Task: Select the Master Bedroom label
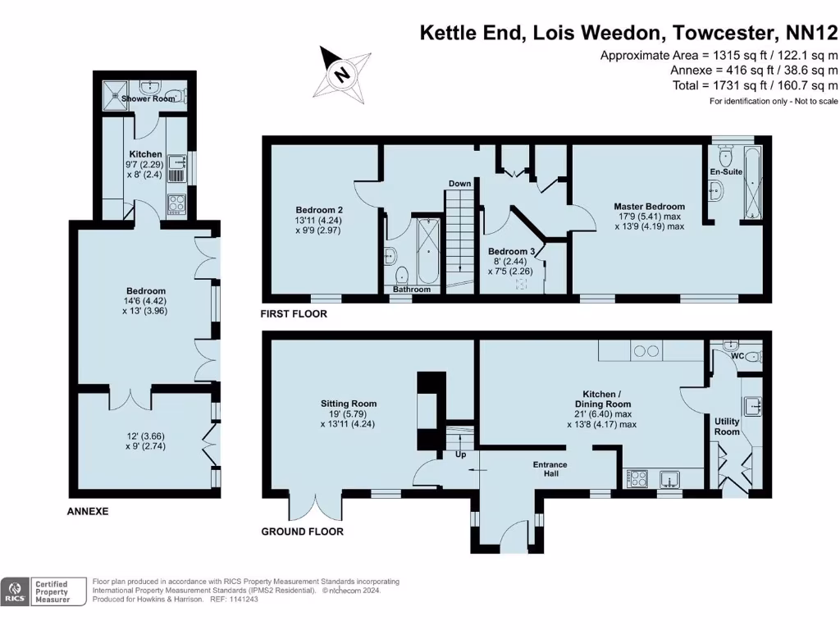649,207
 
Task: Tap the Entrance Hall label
550,469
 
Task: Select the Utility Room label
727,427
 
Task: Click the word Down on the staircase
459,184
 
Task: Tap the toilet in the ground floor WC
756,355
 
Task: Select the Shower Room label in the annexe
148,98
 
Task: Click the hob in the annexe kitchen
176,200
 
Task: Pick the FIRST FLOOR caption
294,314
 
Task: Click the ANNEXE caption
87,511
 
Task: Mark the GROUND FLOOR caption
302,532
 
